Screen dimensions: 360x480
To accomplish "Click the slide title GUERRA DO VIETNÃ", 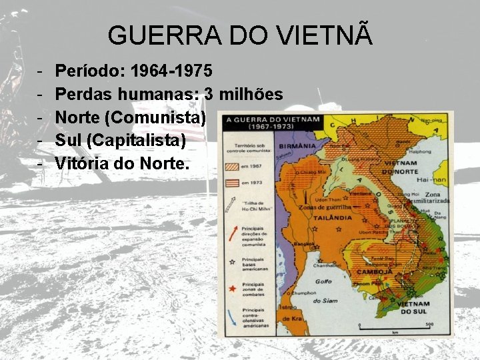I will [240, 35].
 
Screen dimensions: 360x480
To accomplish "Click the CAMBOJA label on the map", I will [375, 272].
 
